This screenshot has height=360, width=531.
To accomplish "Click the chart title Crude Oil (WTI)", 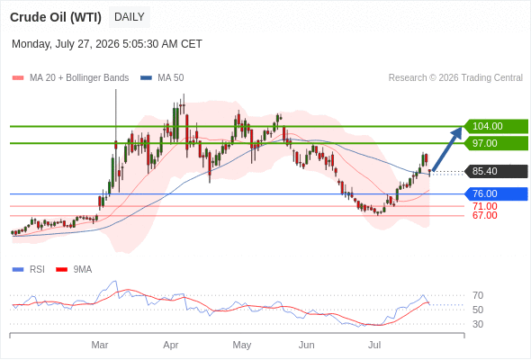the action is pyautogui.click(x=56, y=17).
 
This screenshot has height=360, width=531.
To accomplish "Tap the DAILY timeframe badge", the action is pyautogui.click(x=130, y=17).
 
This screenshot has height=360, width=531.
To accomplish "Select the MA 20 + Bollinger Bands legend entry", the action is pyautogui.click(x=70, y=78).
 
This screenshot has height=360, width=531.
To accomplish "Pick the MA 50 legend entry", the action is pyautogui.click(x=162, y=78).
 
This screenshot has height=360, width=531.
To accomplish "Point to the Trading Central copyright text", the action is pyautogui.click(x=455, y=78).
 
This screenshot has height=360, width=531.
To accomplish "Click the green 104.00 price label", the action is pyautogui.click(x=496, y=126).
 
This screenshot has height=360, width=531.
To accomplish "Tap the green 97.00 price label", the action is pyautogui.click(x=496, y=143).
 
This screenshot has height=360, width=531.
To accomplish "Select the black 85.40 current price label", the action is pyautogui.click(x=496, y=171).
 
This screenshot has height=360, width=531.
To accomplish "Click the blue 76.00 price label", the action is pyautogui.click(x=496, y=193).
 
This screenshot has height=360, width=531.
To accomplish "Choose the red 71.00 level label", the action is pyautogui.click(x=484, y=206).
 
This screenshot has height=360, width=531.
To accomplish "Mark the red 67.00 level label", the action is pyautogui.click(x=484, y=215).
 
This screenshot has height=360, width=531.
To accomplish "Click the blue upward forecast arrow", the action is pyautogui.click(x=447, y=148).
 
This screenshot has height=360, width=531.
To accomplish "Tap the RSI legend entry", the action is pyautogui.click(x=29, y=270).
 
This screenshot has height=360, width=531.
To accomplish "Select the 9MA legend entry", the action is pyautogui.click(x=74, y=270).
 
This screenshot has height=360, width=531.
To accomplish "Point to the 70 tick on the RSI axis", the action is pyautogui.click(x=478, y=295).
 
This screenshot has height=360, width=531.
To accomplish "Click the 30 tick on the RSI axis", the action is pyautogui.click(x=478, y=324).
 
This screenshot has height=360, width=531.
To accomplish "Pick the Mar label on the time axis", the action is pyautogui.click(x=100, y=345).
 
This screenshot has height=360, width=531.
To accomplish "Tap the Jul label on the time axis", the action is pyautogui.click(x=374, y=345).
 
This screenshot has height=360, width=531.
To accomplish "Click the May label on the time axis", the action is pyautogui.click(x=242, y=345).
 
